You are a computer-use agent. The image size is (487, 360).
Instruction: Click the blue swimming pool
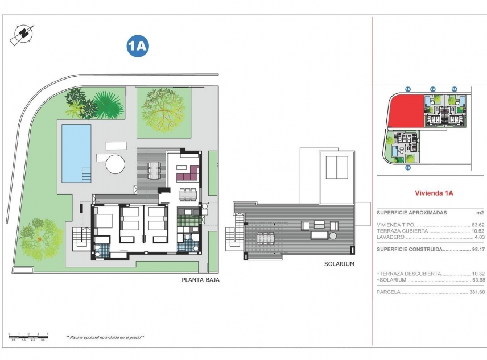click(76, 151)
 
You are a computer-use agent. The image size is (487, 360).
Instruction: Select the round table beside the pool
click(115, 164)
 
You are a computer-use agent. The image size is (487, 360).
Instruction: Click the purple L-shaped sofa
click(188, 173)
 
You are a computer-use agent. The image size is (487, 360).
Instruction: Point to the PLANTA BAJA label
click(200, 280)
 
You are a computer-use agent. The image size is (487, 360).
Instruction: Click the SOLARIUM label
click(339, 264)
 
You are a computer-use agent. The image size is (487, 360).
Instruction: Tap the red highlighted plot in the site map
click(405, 111)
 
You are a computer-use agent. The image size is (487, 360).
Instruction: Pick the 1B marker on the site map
click(408, 168)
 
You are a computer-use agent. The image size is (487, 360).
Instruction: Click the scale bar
click(28, 336)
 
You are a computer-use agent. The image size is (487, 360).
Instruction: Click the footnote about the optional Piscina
click(105, 337)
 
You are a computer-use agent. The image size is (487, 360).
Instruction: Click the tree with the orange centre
click(40, 238)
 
